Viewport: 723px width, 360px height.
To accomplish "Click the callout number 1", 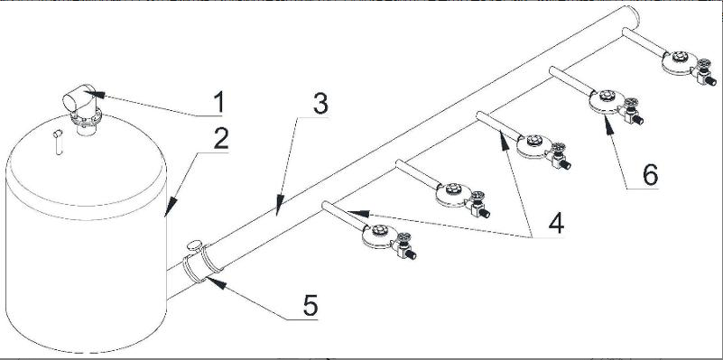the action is [219, 102].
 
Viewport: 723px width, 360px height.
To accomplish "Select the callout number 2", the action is [221, 138].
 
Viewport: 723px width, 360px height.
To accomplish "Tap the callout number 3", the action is [320, 104].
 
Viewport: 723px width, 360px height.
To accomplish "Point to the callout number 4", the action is [556, 224].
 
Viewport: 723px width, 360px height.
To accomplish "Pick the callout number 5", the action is [311, 305].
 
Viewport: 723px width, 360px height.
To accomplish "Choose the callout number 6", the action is [650, 175].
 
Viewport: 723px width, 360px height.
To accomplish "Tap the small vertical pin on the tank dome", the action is [58, 142].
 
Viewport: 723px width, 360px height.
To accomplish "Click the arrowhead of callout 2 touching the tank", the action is [171, 207].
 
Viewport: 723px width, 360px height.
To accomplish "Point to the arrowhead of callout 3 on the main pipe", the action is [279, 206].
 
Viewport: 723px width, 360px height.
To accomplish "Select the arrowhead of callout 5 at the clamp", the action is [217, 282].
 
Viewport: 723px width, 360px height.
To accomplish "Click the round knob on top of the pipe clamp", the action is [195, 245].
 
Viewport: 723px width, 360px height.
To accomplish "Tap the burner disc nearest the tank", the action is [379, 236].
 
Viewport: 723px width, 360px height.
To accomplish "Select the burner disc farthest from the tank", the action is [679, 62].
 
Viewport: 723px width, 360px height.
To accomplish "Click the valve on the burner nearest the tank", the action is [405, 246].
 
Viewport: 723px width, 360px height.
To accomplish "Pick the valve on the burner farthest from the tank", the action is [705, 72].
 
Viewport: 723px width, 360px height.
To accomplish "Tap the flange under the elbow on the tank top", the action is [85, 118].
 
